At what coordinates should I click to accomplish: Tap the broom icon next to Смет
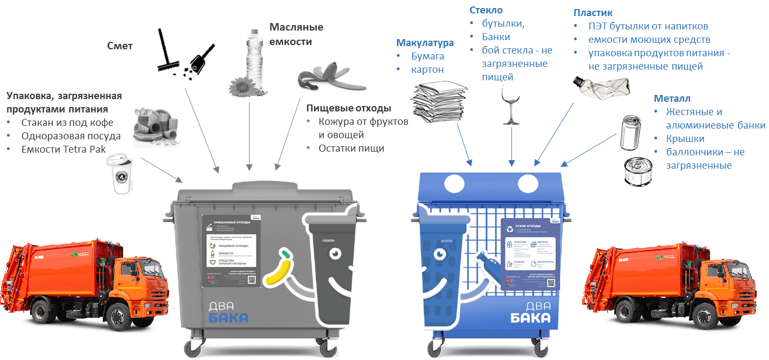pos(171,50)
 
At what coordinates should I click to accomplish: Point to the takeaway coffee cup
pos(118,172)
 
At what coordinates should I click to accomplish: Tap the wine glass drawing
pos(510,105)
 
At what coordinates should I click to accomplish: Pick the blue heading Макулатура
pos(425,43)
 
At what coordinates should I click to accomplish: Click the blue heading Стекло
pos(486,10)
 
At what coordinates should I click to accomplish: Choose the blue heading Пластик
pos(593,12)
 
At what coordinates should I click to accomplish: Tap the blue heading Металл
pos(672,99)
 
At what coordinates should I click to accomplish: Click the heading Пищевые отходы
pos(345,108)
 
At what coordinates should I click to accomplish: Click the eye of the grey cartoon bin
pos(335,252)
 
